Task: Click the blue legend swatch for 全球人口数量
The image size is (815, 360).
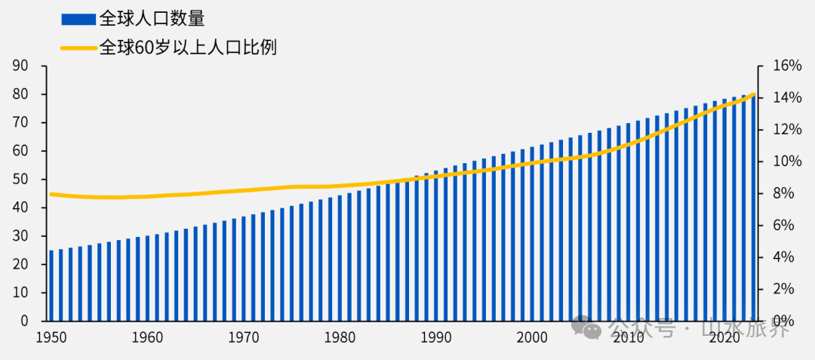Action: click(78, 19)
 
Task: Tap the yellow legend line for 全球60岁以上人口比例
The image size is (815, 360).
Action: click(78, 48)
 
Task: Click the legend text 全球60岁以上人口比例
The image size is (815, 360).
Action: click(188, 48)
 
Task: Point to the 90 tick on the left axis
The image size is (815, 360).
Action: click(20, 66)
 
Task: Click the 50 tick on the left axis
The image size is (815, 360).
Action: click(20, 179)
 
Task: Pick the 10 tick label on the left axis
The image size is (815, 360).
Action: click(20, 292)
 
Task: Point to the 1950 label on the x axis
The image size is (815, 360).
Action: click(51, 338)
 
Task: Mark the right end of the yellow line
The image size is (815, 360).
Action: click(754, 94)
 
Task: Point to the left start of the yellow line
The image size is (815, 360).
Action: click(51, 194)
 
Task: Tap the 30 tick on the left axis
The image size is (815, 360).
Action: click(20, 235)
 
